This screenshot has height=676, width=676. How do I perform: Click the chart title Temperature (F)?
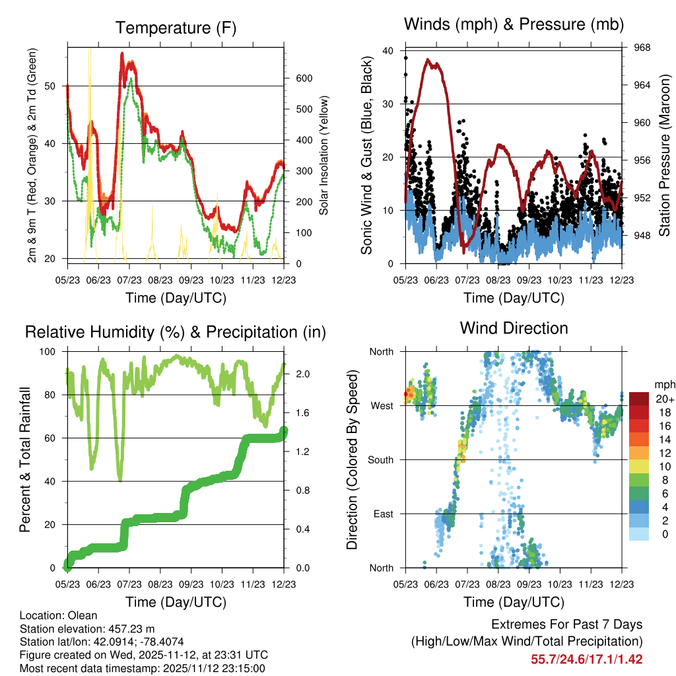click(x=176, y=28)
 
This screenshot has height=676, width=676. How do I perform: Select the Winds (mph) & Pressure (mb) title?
click(x=514, y=24)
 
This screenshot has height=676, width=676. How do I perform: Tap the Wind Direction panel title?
click(x=514, y=327)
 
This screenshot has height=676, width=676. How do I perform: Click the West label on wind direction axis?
click(x=381, y=405)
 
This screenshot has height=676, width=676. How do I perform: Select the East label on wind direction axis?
click(x=382, y=514)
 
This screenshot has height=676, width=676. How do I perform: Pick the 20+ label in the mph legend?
click(x=664, y=399)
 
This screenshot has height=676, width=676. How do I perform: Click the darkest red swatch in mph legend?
click(x=638, y=399)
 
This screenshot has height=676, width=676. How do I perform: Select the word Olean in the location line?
click(x=78, y=616)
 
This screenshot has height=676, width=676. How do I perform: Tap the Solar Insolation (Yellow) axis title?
click(x=324, y=156)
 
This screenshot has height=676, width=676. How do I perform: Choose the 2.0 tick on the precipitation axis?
click(x=303, y=374)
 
